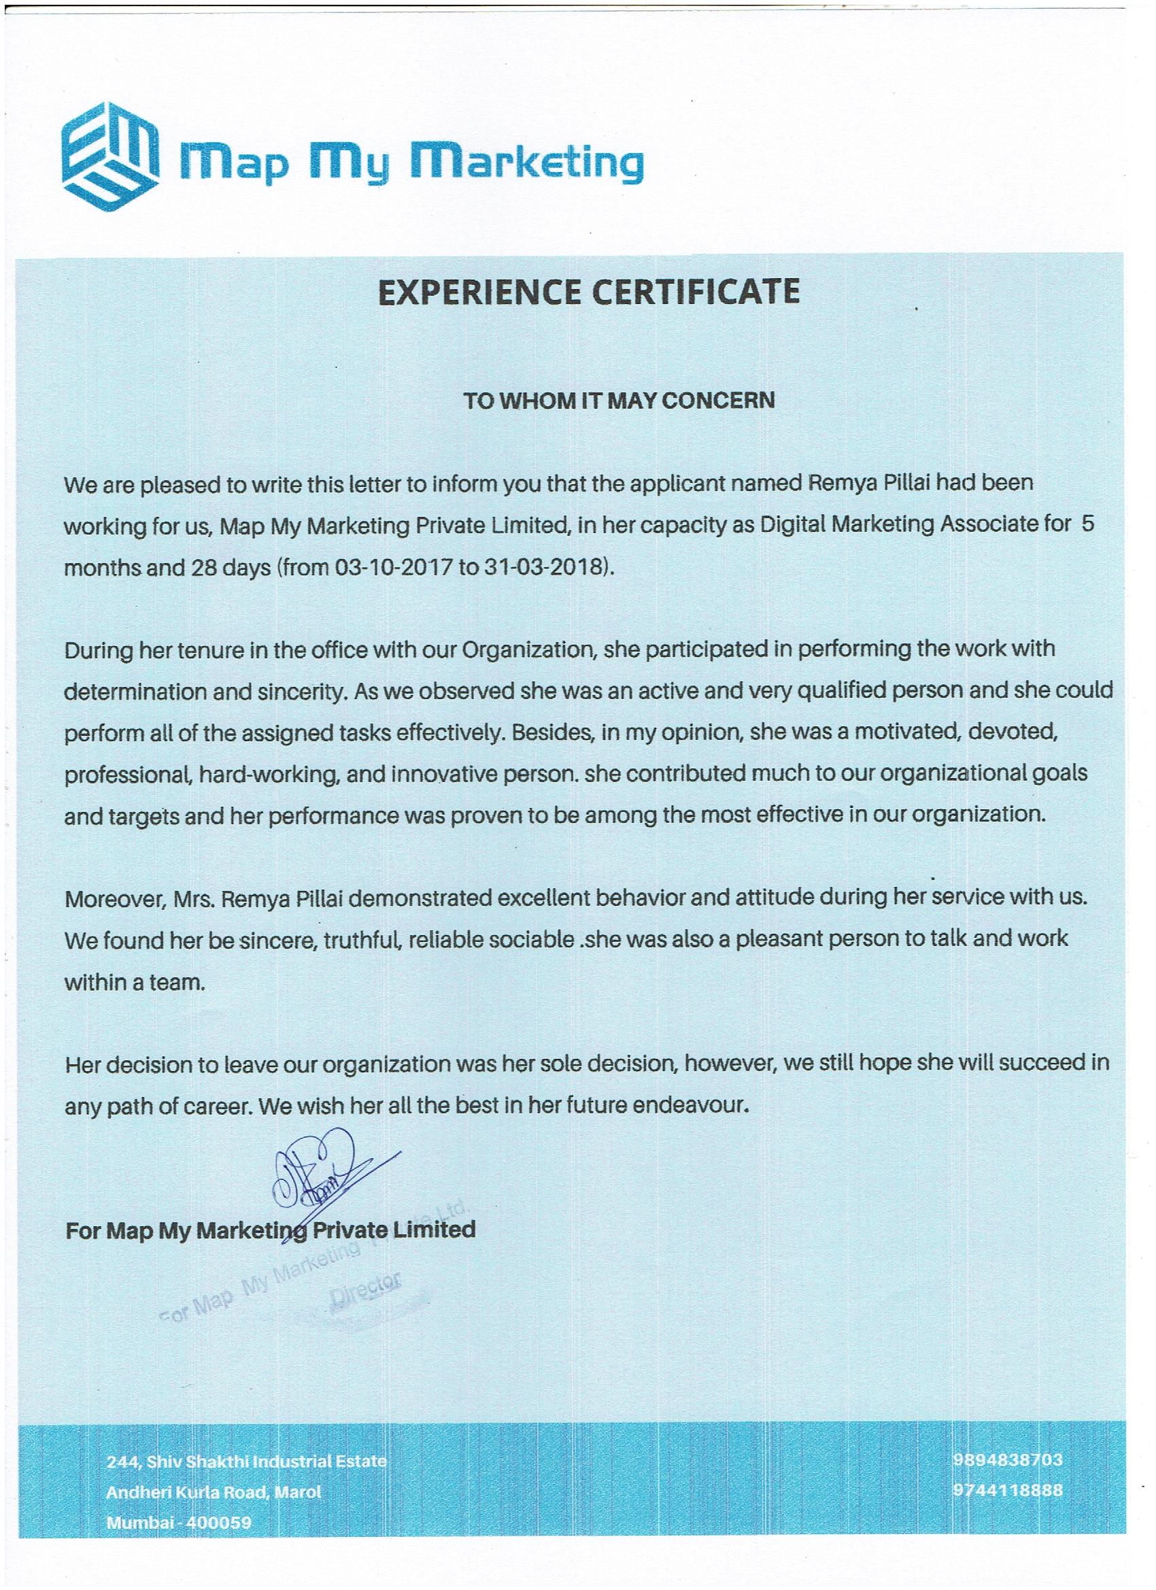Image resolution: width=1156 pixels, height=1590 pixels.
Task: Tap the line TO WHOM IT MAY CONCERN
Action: pyautogui.click(x=619, y=401)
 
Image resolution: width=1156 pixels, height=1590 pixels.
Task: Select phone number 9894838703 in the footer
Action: pyautogui.click(x=1006, y=1459)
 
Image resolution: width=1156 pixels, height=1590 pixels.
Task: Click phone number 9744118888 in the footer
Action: pyautogui.click(x=1006, y=1490)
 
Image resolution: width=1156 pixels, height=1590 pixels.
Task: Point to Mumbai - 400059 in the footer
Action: pyautogui.click(x=178, y=1523)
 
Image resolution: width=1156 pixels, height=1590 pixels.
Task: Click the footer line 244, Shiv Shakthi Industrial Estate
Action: pyautogui.click(x=246, y=1461)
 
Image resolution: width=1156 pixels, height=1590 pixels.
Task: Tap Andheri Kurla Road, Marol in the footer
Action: pyautogui.click(x=213, y=1493)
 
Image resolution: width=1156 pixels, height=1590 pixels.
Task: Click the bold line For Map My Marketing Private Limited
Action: pyautogui.click(x=270, y=1230)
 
